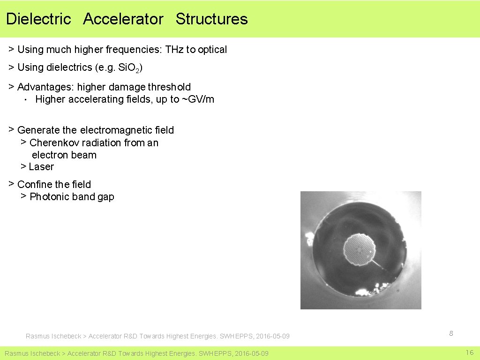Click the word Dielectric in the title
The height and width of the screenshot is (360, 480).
(x=38, y=19)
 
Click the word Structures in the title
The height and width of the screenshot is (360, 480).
(x=211, y=19)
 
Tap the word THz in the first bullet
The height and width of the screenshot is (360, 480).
(x=174, y=50)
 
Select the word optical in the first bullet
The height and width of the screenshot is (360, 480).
(x=212, y=50)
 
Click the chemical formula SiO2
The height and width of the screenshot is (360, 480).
(x=130, y=68)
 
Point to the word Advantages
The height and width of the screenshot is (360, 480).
(x=45, y=87)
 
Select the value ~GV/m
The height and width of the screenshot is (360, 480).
(x=198, y=99)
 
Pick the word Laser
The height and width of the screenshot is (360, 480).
(x=41, y=167)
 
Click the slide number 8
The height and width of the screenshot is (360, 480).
(x=451, y=333)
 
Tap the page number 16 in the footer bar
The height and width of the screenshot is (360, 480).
(x=470, y=352)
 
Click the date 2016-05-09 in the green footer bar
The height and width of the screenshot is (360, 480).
(x=252, y=353)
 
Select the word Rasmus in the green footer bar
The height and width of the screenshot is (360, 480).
(x=17, y=353)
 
